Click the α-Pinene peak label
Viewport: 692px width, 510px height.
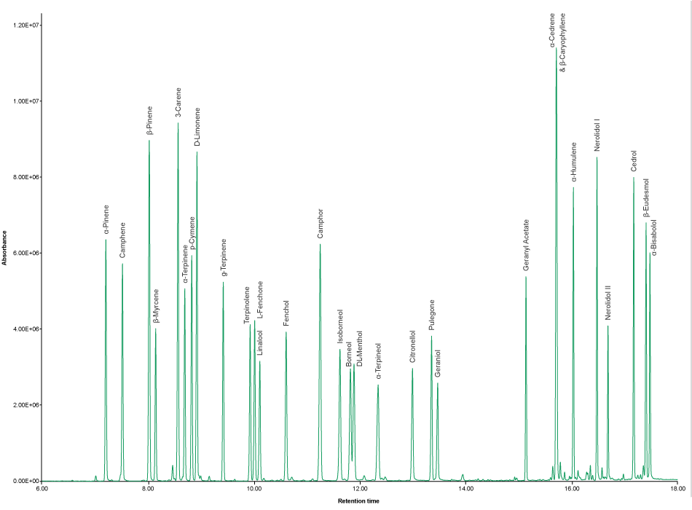[x=106, y=221]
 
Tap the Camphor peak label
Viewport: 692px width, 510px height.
[x=320, y=224]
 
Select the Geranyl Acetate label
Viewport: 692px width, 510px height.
[x=526, y=245]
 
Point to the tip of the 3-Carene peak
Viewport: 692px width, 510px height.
[x=178, y=122]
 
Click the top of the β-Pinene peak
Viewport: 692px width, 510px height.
[x=149, y=140]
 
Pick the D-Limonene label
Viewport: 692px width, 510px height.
[x=197, y=127]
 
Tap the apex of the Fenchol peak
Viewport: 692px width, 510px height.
[x=286, y=332]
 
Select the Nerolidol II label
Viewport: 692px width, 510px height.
[x=608, y=303]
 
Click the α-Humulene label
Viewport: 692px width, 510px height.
[x=573, y=162]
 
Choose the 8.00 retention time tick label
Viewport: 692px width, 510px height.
[x=149, y=489]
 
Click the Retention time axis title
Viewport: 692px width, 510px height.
[x=359, y=501]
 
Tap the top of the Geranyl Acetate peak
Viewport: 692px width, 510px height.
[x=526, y=277]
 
